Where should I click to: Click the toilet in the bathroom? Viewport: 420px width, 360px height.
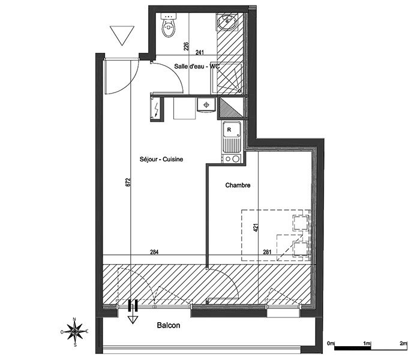click(x=169, y=26)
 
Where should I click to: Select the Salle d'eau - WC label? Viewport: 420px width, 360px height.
click(x=197, y=66)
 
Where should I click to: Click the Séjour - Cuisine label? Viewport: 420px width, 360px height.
click(x=161, y=159)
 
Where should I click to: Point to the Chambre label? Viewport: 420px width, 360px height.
click(x=238, y=185)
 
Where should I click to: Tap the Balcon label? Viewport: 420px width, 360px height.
click(x=169, y=325)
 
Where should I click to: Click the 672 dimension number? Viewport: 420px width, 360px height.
click(x=128, y=182)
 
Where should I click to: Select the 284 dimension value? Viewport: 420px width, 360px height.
click(x=154, y=252)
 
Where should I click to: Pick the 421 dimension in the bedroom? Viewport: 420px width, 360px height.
click(x=256, y=227)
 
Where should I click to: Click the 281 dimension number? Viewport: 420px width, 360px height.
click(x=267, y=252)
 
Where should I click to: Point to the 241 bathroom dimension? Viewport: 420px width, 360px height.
click(x=200, y=52)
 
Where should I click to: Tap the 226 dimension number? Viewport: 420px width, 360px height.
click(x=186, y=46)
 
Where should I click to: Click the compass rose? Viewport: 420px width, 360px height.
click(x=75, y=332)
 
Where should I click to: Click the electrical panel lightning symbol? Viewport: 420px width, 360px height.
click(x=157, y=109)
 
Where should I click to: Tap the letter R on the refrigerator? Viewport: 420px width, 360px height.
click(x=229, y=130)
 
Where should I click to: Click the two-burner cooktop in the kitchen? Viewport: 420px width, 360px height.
click(x=232, y=159)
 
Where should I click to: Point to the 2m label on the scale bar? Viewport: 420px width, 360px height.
click(x=403, y=343)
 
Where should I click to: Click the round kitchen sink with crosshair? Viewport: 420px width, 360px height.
click(x=206, y=105)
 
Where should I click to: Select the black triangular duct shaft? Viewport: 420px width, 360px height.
click(x=231, y=107)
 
